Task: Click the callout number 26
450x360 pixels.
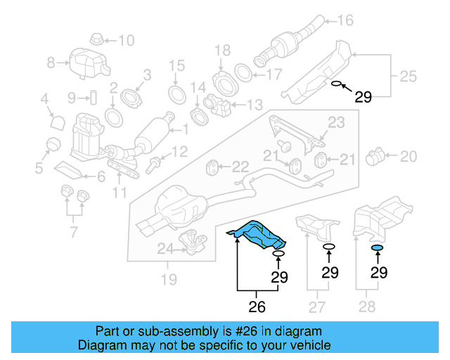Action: click(257, 307)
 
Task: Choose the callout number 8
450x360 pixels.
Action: click(51, 63)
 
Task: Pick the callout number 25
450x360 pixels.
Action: click(408, 75)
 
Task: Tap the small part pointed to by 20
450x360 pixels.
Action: click(377, 155)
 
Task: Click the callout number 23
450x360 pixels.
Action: click(336, 122)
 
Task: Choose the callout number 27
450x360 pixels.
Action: click(318, 307)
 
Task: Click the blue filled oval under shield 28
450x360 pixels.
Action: click(378, 247)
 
